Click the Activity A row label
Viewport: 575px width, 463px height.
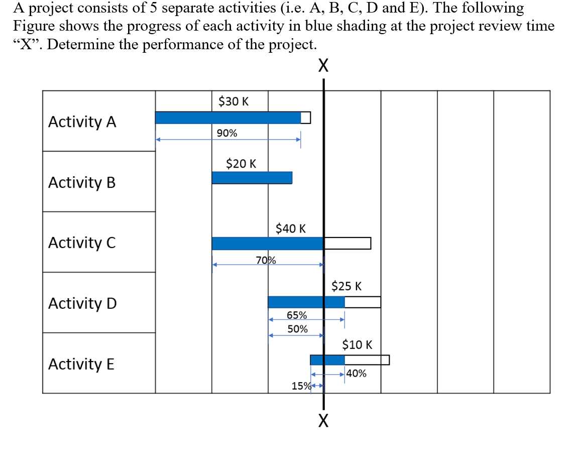[82, 122]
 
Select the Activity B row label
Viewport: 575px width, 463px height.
[82, 182]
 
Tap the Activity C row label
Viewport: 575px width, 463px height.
[82, 243]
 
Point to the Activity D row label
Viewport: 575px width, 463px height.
[82, 303]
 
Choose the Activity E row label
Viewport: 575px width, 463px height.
[81, 364]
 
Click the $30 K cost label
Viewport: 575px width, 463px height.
[234, 101]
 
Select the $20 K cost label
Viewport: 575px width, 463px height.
[241, 163]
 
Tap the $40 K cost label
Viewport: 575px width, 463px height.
[291, 228]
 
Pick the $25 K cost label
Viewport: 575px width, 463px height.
[347, 286]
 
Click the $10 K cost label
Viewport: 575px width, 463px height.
[357, 344]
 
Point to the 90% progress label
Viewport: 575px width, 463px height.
[227, 133]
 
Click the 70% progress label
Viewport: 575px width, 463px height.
[266, 260]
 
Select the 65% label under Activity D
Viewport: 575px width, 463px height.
[297, 315]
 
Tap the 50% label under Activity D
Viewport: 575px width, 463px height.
[298, 329]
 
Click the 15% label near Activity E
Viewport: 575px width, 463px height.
[301, 386]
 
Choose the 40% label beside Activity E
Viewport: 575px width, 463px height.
[356, 373]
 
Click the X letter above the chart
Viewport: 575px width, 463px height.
[323, 65]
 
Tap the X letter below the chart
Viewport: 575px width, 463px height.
[323, 420]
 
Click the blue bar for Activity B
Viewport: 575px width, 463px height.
[252, 178]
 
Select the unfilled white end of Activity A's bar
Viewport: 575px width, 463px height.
[305, 118]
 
